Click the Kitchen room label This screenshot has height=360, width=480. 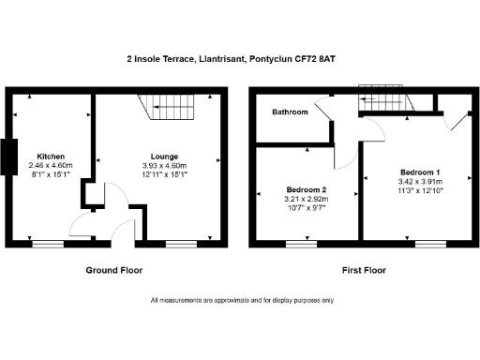(x=50, y=156)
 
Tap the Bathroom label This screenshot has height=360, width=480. (x=290, y=112)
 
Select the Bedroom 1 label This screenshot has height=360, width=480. (x=420, y=172)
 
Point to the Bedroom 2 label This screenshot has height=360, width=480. (x=306, y=189)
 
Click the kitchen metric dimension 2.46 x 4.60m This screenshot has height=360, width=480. (x=50, y=165)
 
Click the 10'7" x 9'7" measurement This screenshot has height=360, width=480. (x=306, y=207)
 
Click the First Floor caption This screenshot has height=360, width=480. (x=363, y=270)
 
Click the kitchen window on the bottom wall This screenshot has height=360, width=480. (x=50, y=244)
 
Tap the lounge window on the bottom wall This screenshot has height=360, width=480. (x=182, y=244)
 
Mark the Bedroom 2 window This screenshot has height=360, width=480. (x=301, y=244)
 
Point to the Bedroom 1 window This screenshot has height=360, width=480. (x=429, y=244)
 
